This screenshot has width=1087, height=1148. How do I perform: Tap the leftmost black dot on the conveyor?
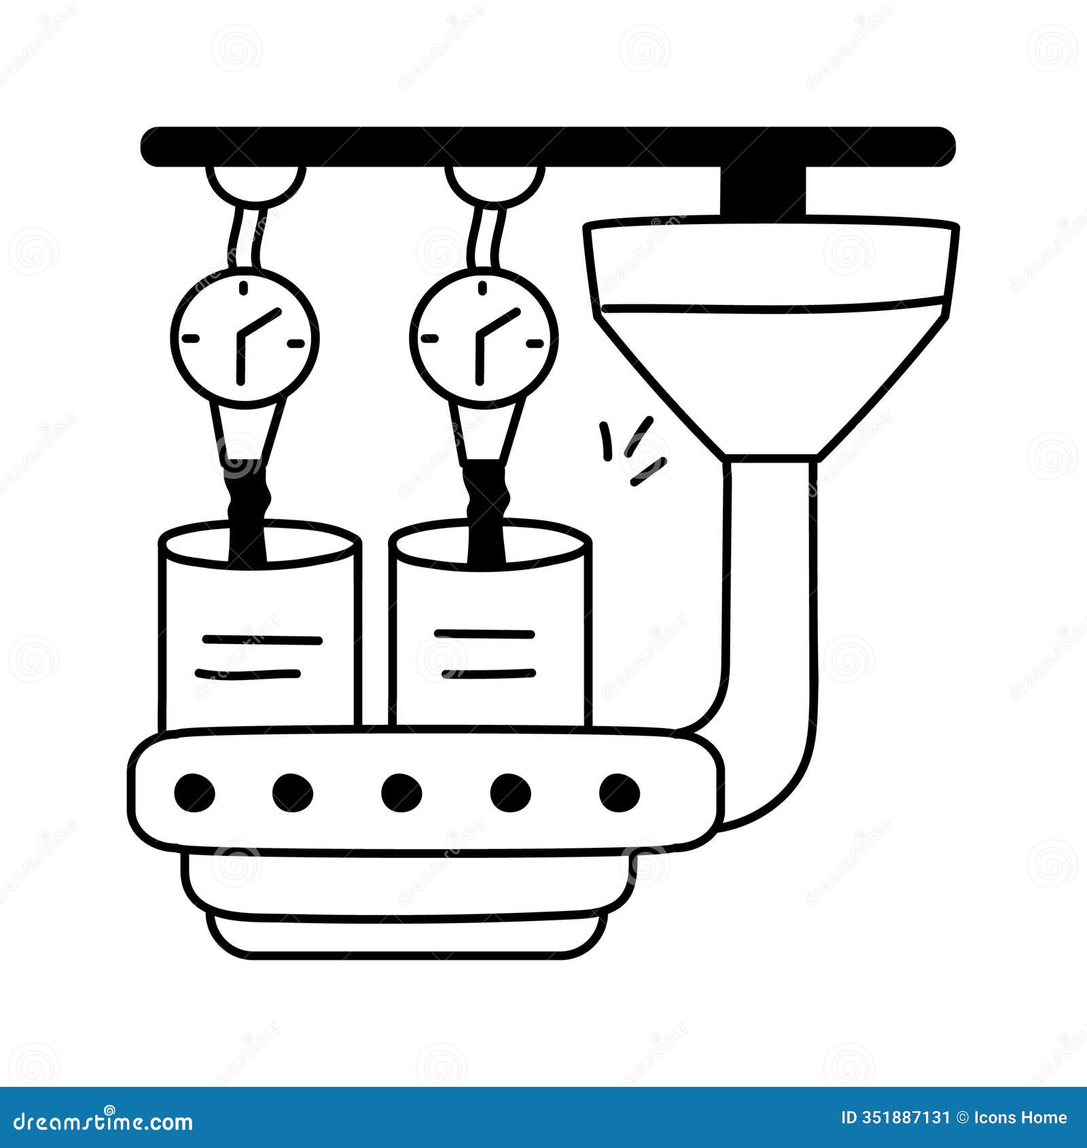[x=194, y=792]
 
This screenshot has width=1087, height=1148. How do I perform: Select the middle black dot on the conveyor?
[x=402, y=792]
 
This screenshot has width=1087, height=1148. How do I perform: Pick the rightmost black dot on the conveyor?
[x=620, y=792]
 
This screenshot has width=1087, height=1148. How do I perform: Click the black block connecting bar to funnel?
[x=763, y=191]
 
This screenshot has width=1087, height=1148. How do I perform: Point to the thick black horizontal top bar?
[x=548, y=146]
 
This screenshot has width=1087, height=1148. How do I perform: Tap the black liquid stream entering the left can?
[x=248, y=513]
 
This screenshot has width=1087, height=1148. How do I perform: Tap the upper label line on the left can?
[x=262, y=639]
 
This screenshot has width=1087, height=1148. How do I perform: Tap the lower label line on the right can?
[x=488, y=674]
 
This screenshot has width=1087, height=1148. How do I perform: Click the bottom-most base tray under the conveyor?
[x=408, y=934]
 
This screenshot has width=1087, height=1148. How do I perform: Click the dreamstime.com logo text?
[x=103, y=1121]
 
